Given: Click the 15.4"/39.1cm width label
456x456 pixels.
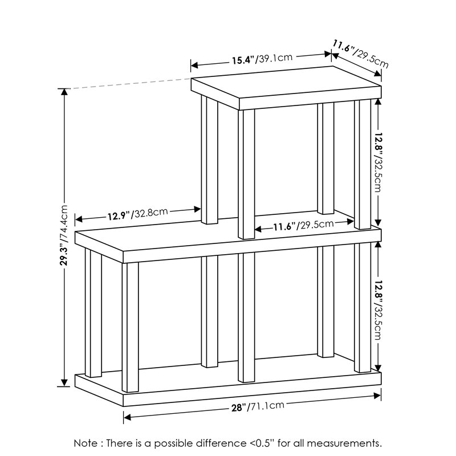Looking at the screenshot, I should tap(262, 59).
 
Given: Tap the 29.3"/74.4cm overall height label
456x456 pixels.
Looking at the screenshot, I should tap(65, 235).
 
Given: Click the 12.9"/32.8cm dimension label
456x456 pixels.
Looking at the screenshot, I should tap(137, 214).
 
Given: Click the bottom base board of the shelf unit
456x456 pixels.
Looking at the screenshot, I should tap(228, 385).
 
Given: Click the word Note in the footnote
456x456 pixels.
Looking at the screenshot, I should tap(85, 443).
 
